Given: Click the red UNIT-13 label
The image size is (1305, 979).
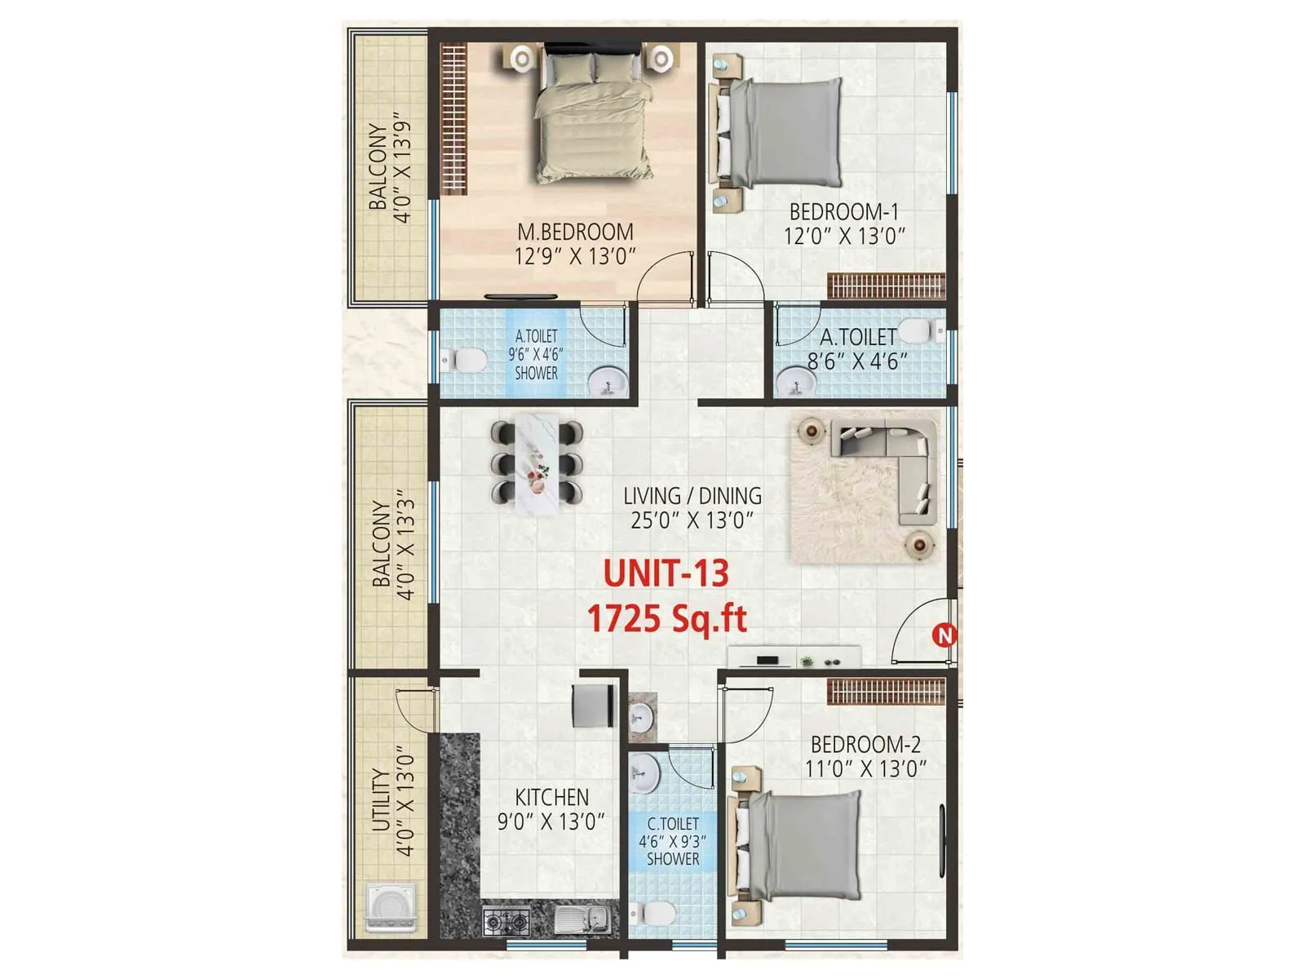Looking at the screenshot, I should click(x=666, y=574).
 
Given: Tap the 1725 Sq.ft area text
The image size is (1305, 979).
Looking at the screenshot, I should click(x=667, y=619).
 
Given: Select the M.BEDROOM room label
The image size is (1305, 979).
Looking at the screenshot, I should click(x=576, y=233).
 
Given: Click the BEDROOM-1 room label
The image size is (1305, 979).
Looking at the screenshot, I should click(x=844, y=212).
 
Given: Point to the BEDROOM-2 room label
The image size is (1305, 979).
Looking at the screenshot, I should click(x=865, y=744).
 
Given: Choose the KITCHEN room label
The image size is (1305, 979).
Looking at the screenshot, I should click(x=552, y=797).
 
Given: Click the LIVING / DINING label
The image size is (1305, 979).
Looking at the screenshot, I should click(x=692, y=496).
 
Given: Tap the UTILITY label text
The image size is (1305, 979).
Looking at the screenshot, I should click(x=381, y=800).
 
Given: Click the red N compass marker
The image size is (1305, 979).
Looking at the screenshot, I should click(x=944, y=635).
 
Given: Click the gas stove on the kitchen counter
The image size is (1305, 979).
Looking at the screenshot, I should click(x=507, y=921).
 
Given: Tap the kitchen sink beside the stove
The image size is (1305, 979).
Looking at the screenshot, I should click(x=582, y=920).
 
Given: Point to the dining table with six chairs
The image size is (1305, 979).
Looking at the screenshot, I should click(x=537, y=463).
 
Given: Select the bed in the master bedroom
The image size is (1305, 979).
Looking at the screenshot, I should click(x=595, y=114).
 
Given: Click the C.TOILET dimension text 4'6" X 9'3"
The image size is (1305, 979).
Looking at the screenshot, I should click(x=673, y=841).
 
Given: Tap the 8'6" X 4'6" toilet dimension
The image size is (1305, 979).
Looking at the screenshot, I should click(x=857, y=361).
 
